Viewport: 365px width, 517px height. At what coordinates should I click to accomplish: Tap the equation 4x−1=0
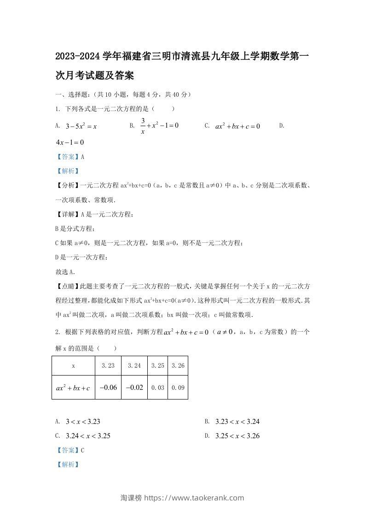(69, 142)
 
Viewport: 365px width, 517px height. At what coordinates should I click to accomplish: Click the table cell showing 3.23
(108, 365)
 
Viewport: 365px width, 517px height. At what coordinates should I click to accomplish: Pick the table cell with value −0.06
(108, 388)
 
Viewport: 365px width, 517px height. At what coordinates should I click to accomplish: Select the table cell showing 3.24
(134, 365)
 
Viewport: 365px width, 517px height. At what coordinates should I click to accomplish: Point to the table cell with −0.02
(134, 388)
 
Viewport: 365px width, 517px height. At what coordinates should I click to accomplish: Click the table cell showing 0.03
(157, 388)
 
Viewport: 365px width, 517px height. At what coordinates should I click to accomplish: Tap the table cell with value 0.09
(178, 388)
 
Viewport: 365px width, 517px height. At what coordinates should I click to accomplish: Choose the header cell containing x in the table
(73, 365)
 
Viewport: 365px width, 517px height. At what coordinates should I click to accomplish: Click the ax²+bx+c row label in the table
(73, 388)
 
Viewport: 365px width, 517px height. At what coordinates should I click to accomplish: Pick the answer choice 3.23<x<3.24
(238, 421)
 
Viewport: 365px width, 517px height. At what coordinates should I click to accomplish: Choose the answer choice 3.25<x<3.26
(238, 435)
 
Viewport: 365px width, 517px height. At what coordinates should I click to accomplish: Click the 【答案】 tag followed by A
(67, 157)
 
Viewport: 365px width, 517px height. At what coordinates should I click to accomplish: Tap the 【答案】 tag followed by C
(67, 450)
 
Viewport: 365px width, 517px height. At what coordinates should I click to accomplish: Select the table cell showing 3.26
(178, 365)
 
